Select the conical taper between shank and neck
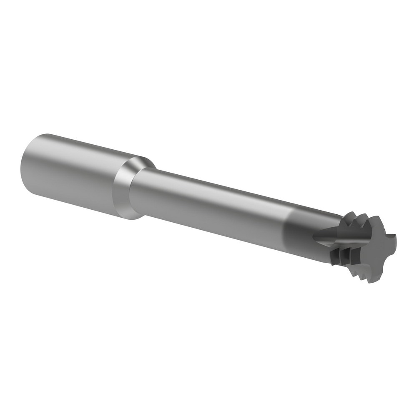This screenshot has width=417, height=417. click(x=125, y=190)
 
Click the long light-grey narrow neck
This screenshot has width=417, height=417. click(x=208, y=204)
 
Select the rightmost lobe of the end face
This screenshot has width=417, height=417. click(x=393, y=243)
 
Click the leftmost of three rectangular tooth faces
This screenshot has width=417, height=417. click(x=335, y=257)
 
